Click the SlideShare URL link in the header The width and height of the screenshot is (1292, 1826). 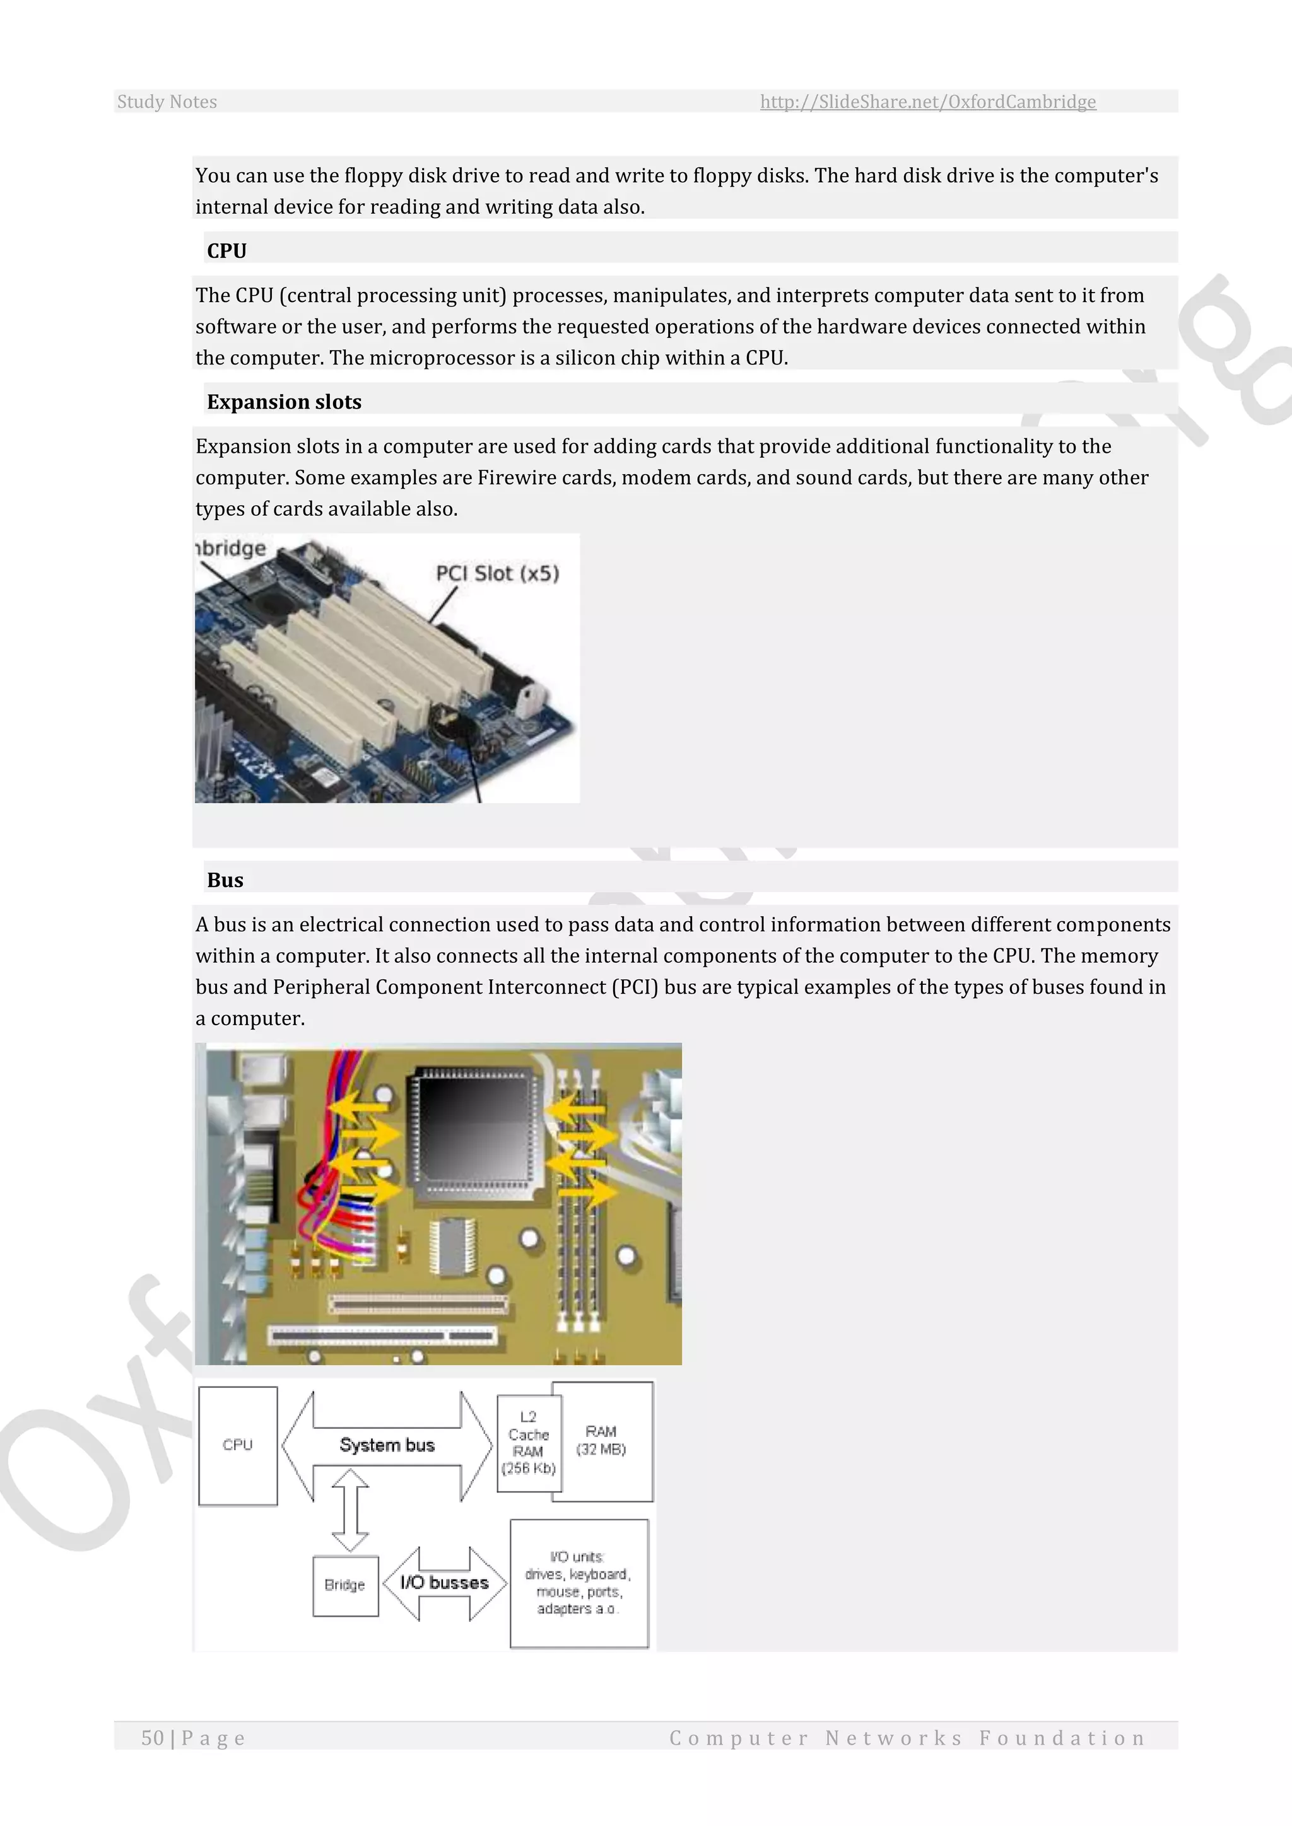pyautogui.click(x=927, y=102)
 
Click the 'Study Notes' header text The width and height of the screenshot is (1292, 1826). pyautogui.click(x=167, y=102)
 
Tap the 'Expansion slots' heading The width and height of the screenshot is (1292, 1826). pyautogui.click(x=284, y=402)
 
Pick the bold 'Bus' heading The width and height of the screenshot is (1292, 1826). pyautogui.click(x=225, y=880)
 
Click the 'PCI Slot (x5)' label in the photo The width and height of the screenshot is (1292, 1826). pyautogui.click(x=497, y=573)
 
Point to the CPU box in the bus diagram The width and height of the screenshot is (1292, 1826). pyautogui.click(x=238, y=1445)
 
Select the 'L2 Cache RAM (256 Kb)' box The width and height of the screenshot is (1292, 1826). pyautogui.click(x=528, y=1442)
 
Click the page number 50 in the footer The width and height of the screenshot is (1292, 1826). pyautogui.click(x=153, y=1738)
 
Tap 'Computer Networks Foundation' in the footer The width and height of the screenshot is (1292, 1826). pyautogui.click(x=907, y=1738)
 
